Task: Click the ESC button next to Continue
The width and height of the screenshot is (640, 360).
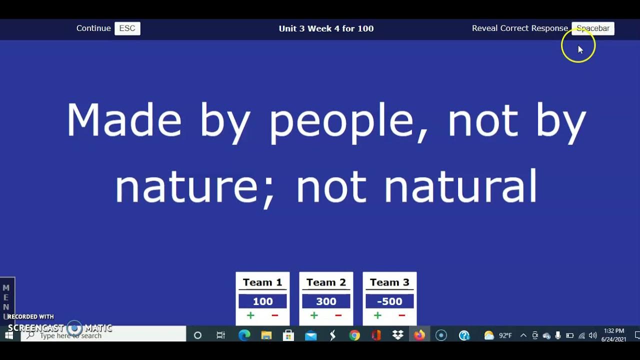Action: (127, 28)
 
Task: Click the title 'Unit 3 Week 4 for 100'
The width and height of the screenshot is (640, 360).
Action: (326, 28)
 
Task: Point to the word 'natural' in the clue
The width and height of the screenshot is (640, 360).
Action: (460, 186)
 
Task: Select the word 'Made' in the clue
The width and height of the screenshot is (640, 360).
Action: (123, 120)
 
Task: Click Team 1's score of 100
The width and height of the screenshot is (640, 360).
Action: (262, 301)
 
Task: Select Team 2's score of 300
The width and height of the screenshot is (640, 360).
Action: (326, 301)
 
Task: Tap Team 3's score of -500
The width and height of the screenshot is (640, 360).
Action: (389, 301)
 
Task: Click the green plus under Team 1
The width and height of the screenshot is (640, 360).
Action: (250, 315)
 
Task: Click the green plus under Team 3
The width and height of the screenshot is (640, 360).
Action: (377, 315)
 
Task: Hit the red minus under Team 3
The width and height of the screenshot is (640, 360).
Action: (401, 315)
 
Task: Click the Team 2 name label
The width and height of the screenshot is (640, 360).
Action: (326, 282)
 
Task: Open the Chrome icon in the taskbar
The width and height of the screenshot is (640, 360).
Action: (354, 335)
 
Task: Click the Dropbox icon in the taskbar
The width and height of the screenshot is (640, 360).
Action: (398, 335)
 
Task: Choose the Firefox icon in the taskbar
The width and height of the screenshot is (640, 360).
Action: (419, 335)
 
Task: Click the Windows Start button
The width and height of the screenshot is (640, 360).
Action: (8, 335)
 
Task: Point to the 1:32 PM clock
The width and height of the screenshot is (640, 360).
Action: (613, 331)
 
